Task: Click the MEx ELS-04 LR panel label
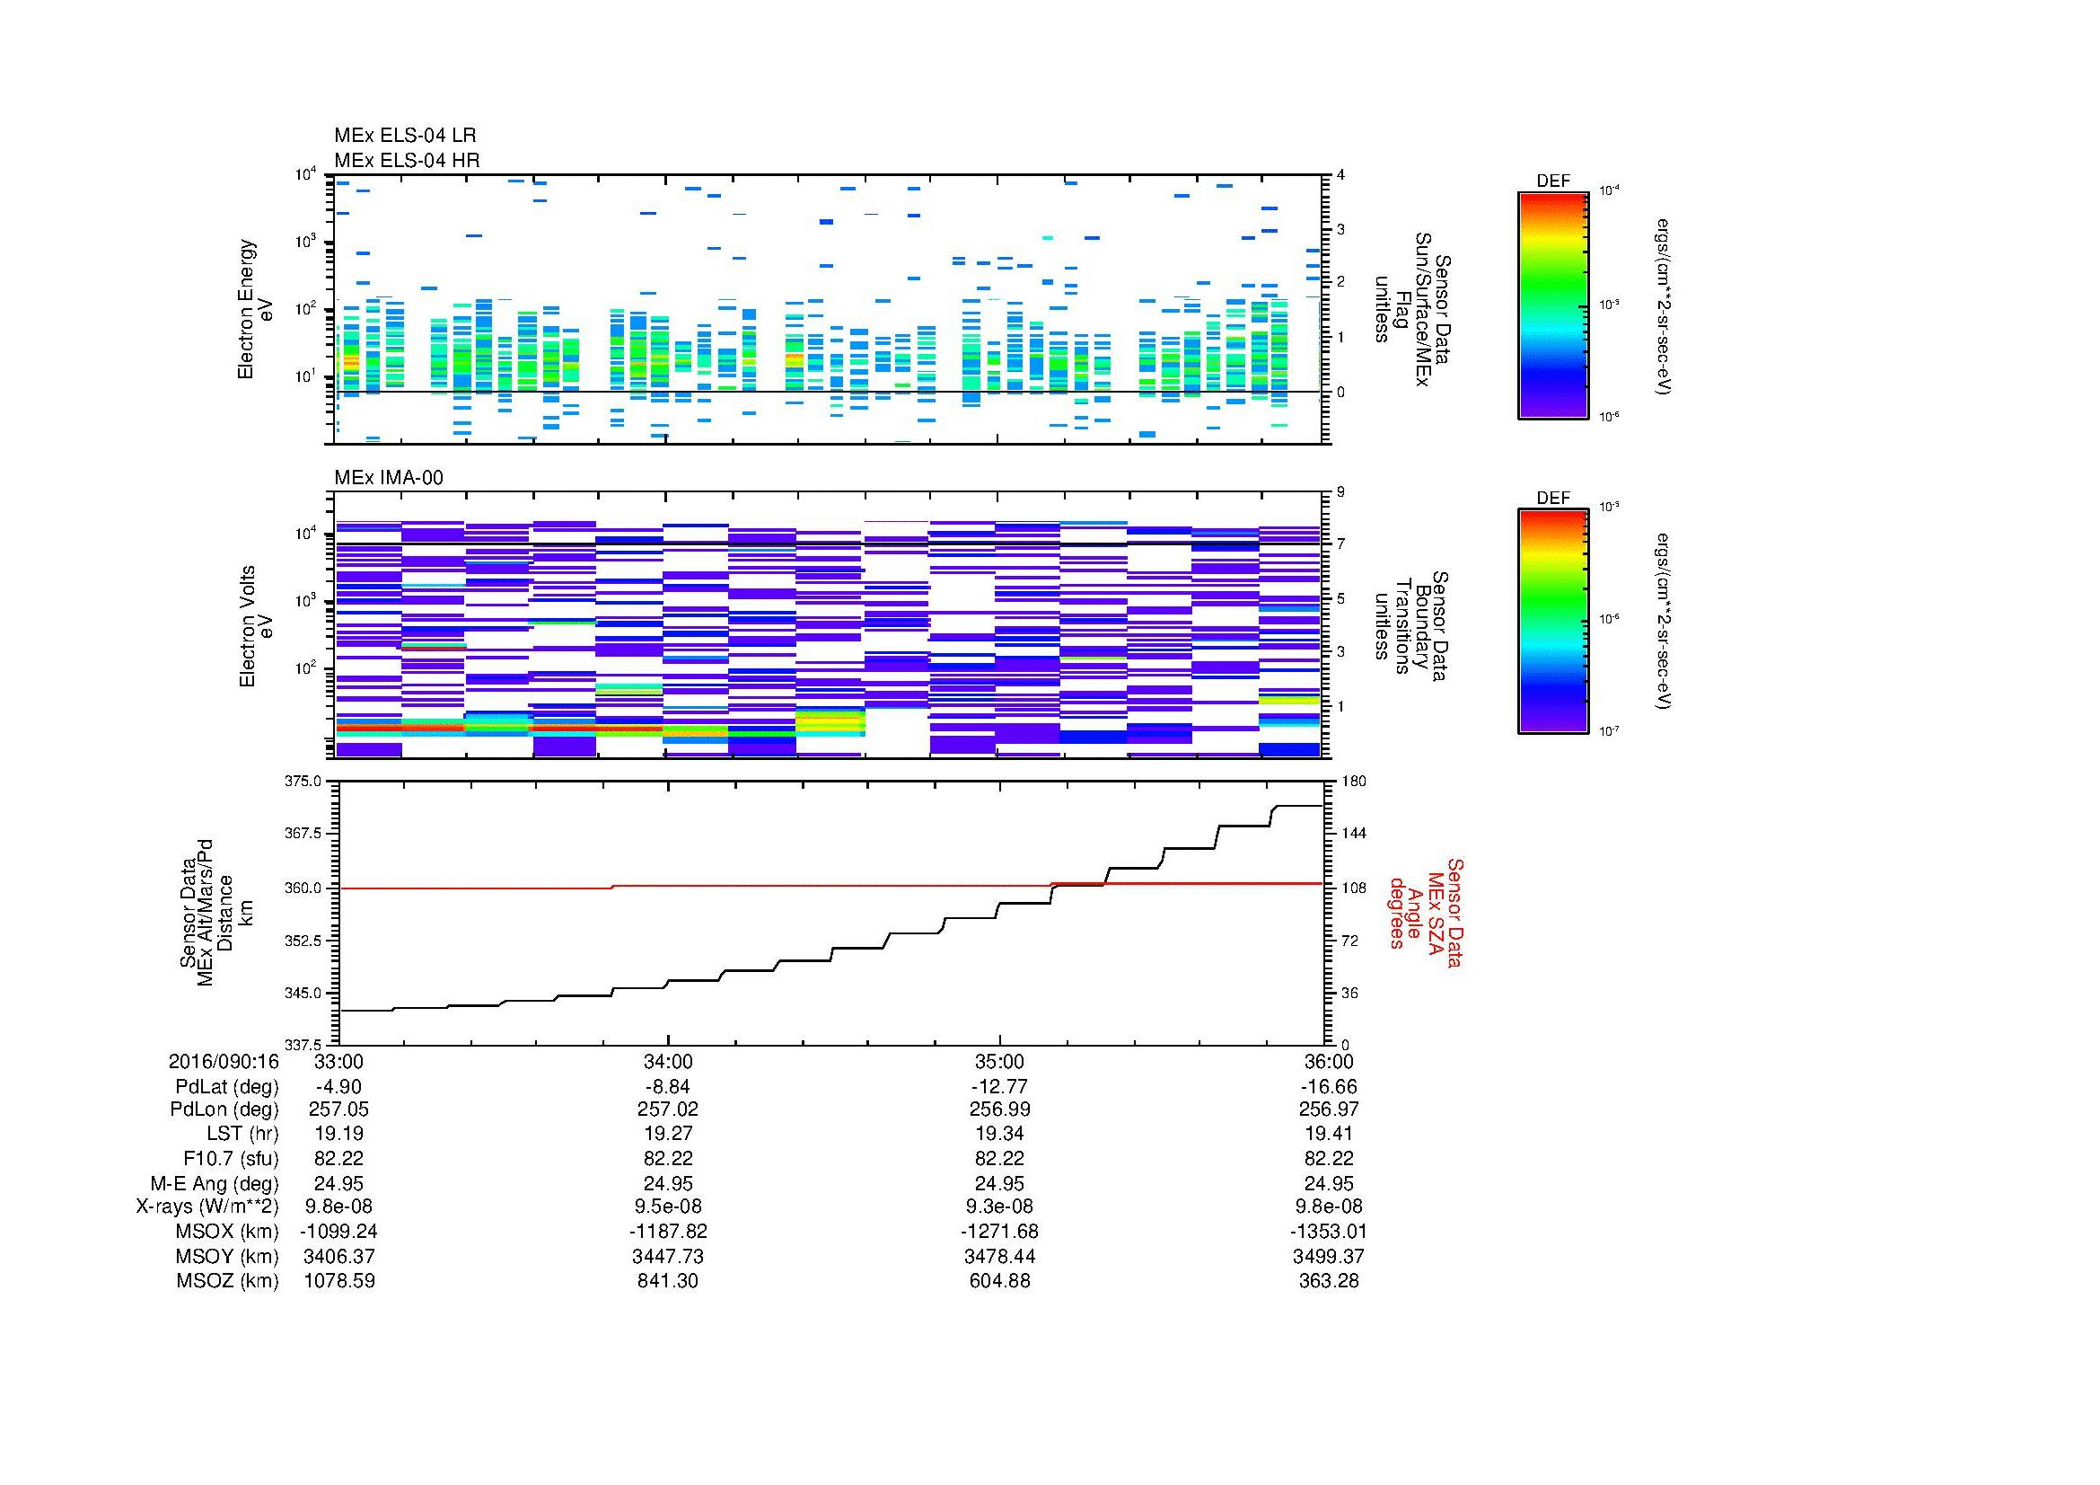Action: (404, 136)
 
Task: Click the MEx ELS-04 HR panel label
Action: (406, 160)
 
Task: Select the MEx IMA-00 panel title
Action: (388, 478)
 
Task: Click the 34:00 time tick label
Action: (668, 1062)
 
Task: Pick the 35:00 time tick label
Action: (998, 1062)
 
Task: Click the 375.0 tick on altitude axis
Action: (305, 782)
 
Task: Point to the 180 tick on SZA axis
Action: (1353, 782)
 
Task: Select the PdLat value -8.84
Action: (668, 1087)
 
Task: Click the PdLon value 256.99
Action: (998, 1109)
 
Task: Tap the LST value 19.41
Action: (1328, 1134)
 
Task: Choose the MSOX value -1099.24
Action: (338, 1232)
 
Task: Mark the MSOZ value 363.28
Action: (1328, 1281)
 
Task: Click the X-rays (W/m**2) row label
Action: (206, 1207)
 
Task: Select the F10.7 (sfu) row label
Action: (231, 1158)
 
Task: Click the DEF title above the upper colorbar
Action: (1552, 181)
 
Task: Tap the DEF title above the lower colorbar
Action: (1552, 499)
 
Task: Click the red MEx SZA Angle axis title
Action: (1425, 912)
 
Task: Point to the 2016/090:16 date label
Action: (224, 1062)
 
